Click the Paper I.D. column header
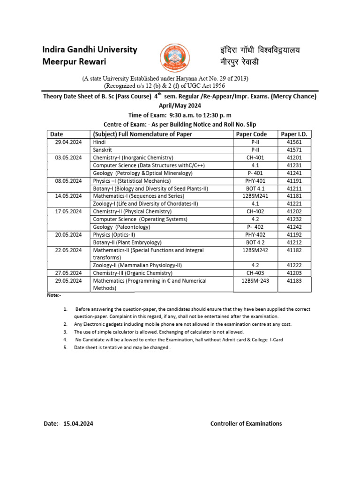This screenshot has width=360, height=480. tap(294, 134)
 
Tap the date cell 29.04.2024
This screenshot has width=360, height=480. tap(68, 142)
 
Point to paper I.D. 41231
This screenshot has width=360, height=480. tap(294, 165)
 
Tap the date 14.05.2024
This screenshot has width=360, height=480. tap(68, 196)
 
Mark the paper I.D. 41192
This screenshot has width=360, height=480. tap(294, 234)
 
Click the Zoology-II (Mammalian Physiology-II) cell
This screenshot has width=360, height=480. tap(137, 265)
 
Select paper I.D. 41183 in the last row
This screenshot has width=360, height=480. tap(294, 281)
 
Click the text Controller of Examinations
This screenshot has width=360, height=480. tap(246, 423)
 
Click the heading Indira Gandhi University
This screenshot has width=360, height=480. tap(90, 50)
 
